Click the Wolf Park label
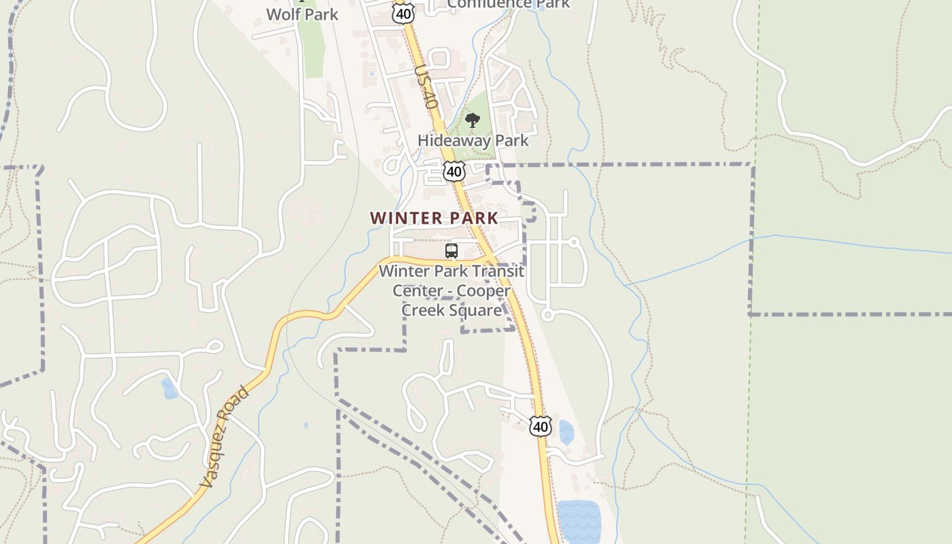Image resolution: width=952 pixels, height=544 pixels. coord(302,14)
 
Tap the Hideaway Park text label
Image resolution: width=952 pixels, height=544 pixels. coord(473,141)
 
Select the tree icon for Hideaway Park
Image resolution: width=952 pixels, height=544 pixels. coord(473,121)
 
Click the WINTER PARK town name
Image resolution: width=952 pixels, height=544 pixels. coord(434,218)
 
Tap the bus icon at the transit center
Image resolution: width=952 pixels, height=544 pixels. coord(452,251)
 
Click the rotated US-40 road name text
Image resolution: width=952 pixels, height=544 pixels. coord(425,87)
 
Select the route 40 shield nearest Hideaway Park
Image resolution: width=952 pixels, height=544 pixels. coord(454,171)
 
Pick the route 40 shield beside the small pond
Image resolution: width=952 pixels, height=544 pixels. coord(540,426)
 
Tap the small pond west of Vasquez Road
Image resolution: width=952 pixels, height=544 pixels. coord(169,389)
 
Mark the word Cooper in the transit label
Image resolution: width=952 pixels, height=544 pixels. coord(483,291)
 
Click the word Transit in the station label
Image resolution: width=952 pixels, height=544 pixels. coord(498,271)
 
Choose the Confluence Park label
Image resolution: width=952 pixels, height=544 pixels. coord(508,4)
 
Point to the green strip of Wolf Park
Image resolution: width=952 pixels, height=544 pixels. coord(313,51)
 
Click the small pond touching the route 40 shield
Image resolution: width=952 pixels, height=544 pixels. coord(566,432)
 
